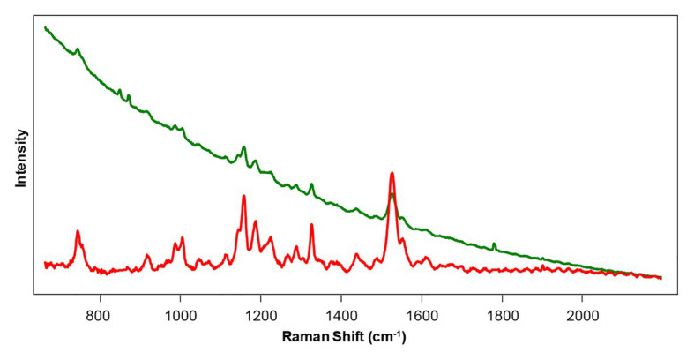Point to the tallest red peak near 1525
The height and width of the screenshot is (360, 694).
coord(392,173)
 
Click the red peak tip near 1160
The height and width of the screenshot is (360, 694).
coord(243,195)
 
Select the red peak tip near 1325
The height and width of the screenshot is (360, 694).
coord(311,224)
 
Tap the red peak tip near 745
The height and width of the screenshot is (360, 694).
coord(78,231)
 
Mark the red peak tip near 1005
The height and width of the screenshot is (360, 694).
coord(183,237)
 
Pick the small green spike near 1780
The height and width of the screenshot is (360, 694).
coord(494,243)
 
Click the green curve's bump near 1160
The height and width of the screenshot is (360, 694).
coord(244,147)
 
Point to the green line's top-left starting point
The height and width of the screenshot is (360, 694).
coord(45,27)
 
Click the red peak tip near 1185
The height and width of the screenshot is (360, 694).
coord(255,221)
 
